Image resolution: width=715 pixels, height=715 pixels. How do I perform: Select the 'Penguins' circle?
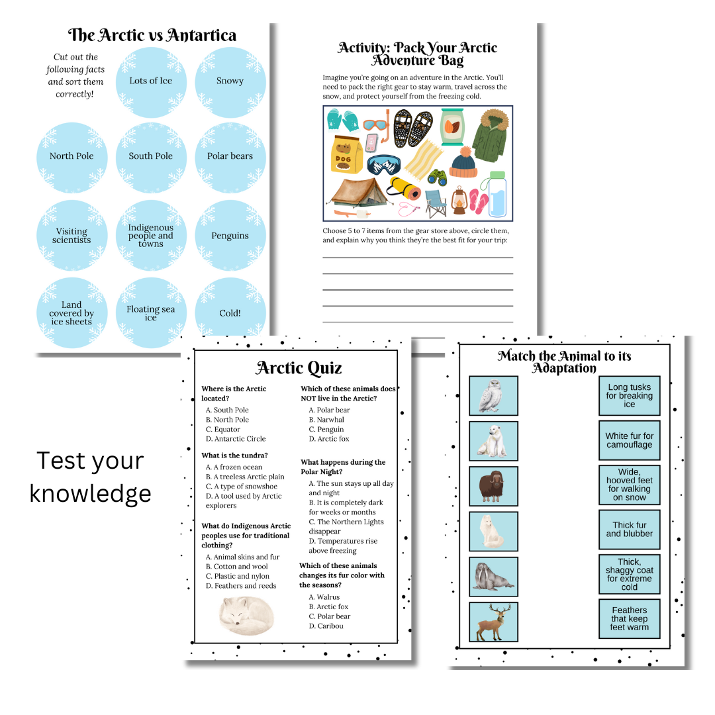click(x=230, y=235)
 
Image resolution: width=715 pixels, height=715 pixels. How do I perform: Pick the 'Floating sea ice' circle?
click(x=151, y=312)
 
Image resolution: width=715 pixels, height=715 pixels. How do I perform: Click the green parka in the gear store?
click(x=491, y=136)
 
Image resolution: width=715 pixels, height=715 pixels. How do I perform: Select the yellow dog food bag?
click(x=346, y=154)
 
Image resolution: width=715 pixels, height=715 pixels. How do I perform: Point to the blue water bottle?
click(x=497, y=194)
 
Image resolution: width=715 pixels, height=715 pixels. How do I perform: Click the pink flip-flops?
click(x=479, y=201)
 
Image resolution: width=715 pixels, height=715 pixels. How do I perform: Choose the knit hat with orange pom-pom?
click(x=463, y=162)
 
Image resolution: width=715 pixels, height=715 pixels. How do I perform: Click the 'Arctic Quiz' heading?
click(x=299, y=367)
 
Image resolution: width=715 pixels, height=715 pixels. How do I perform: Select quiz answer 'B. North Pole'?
click(x=227, y=420)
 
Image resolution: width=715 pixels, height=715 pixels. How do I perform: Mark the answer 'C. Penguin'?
click(x=326, y=429)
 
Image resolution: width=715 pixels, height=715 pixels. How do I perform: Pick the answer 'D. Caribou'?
click(x=326, y=626)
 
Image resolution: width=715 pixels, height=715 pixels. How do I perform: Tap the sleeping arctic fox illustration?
click(x=247, y=616)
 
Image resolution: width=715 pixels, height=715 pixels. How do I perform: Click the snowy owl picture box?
click(x=493, y=396)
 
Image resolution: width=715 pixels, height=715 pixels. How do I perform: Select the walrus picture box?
click(x=493, y=577)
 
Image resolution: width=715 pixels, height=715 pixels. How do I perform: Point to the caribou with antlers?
click(x=493, y=622)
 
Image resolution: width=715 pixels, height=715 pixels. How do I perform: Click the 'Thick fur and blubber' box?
click(x=630, y=530)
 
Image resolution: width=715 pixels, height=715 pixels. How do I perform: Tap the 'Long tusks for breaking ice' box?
click(x=630, y=395)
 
